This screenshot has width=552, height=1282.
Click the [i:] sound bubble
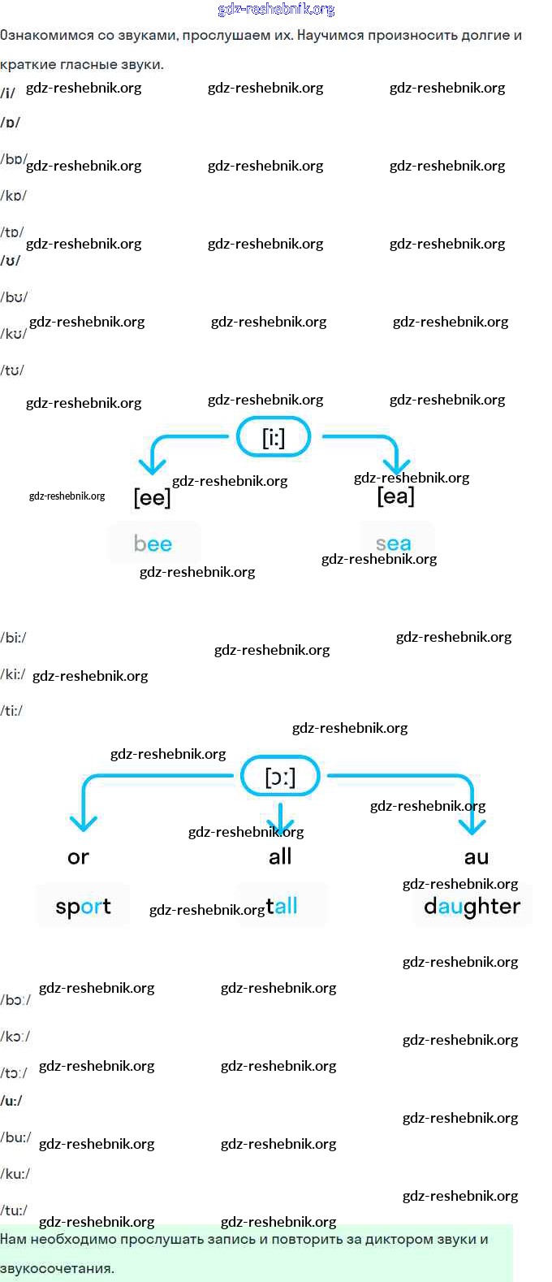click(x=274, y=437)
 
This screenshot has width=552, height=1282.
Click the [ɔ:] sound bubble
click(x=280, y=777)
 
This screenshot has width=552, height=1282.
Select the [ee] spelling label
click(x=152, y=497)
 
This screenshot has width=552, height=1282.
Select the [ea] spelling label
click(x=395, y=496)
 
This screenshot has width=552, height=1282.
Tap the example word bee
click(x=153, y=544)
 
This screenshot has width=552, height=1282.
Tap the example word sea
click(x=394, y=544)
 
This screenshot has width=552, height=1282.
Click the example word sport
click(x=83, y=906)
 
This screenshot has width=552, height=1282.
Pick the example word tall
click(x=282, y=905)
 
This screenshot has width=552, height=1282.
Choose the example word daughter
click(x=472, y=906)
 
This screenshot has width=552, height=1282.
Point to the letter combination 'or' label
click(x=78, y=857)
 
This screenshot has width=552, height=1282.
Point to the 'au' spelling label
click(x=477, y=857)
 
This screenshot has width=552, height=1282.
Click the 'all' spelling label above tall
click(x=280, y=856)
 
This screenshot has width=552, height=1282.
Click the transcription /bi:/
click(x=14, y=638)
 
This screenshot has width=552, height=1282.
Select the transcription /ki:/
click(x=14, y=674)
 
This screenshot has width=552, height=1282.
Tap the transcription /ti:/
click(x=12, y=711)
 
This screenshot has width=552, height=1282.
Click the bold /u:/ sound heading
click(x=12, y=1101)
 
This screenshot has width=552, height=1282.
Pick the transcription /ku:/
click(x=15, y=1174)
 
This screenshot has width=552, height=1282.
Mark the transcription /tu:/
click(x=15, y=1211)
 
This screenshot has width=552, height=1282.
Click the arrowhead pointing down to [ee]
click(x=152, y=466)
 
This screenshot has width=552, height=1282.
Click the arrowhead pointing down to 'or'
click(x=83, y=823)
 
